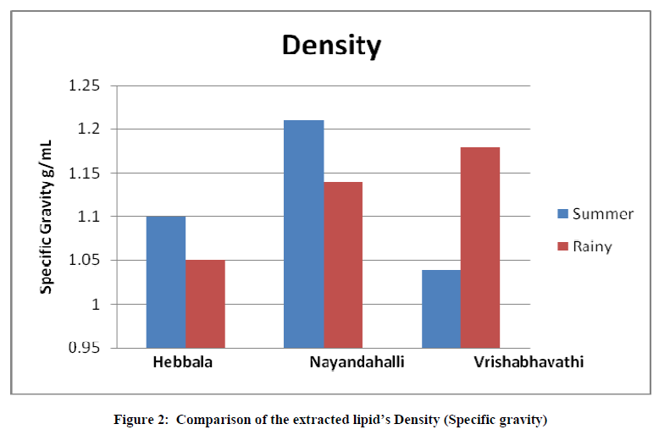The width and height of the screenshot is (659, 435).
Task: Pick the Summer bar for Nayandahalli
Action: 303,234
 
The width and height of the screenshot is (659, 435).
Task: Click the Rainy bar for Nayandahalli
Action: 343,264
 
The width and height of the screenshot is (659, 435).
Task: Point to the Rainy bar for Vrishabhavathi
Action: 480,247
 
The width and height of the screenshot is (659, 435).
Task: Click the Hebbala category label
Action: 183,362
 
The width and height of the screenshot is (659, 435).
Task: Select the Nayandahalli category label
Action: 357,362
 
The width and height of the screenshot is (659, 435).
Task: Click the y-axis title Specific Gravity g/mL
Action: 48,217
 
